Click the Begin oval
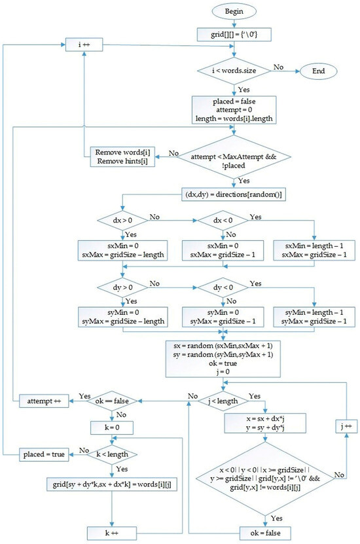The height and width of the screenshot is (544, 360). [234, 11]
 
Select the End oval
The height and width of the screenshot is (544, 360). [318, 71]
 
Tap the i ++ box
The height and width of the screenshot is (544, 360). [84, 45]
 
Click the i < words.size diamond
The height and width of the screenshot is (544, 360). [234, 71]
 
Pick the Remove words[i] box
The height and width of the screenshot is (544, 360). [122, 157]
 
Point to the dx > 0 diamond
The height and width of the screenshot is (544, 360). [122, 221]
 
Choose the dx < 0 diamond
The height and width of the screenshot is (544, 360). [223, 221]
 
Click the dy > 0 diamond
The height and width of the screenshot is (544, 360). [122, 287]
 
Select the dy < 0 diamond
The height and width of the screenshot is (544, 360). [223, 287]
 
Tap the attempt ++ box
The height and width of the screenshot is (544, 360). [44, 401]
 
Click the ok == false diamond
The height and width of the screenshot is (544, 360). [112, 401]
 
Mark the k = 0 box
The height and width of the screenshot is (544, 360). [112, 427]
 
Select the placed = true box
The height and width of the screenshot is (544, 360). [44, 454]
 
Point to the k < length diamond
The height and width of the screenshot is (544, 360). [112, 454]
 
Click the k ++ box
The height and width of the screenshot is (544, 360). [112, 534]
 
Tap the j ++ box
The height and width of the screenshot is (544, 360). [346, 426]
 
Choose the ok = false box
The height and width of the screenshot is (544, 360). [265, 533]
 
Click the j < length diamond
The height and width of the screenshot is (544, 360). [223, 401]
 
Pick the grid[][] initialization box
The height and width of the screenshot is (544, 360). [234, 35]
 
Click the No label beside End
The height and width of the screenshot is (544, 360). [278, 67]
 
